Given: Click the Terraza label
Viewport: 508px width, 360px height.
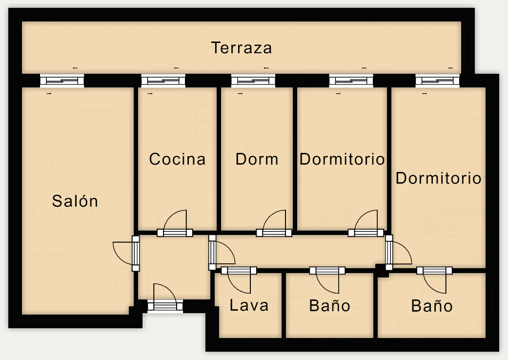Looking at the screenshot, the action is point(242,48).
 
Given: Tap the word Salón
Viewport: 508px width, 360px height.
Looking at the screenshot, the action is point(75,201).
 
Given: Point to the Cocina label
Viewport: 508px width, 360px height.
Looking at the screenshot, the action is point(177,159).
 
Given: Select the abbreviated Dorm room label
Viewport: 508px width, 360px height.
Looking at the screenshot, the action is point(257,159).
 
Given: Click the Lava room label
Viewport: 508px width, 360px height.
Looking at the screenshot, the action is point(249,305).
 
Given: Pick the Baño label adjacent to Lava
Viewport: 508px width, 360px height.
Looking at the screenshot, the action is point(330,305).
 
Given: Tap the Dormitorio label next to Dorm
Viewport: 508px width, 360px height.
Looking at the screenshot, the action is point(342,159).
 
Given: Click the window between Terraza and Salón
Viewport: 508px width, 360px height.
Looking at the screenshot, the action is point(62,81).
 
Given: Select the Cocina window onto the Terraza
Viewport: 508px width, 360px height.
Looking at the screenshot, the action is point(163,81).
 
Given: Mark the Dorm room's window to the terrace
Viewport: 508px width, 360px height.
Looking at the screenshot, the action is point(253,81).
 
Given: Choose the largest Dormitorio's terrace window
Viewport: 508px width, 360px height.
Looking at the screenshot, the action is point(437,81).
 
